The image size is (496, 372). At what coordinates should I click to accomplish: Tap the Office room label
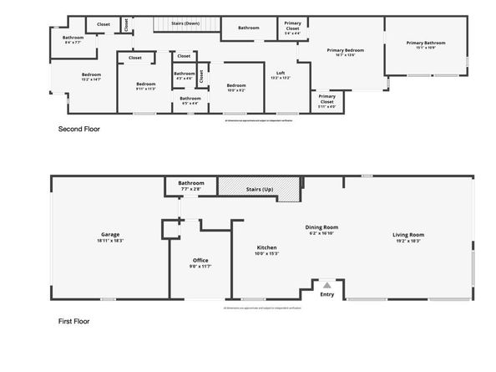[200, 260]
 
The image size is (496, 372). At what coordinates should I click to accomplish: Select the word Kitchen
[266, 247]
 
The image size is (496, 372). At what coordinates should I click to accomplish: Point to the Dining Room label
[321, 227]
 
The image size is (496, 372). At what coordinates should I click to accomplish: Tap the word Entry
[326, 293]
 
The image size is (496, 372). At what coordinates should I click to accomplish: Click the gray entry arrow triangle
[326, 285]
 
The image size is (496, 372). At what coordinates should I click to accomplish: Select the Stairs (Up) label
[257, 190]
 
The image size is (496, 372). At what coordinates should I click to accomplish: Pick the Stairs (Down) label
[185, 23]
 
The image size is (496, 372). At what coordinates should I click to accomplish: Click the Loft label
[281, 74]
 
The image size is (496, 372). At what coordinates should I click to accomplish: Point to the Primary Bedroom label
[346, 50]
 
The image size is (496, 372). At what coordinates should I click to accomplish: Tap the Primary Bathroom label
[425, 43]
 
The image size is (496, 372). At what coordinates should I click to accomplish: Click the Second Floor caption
[79, 130]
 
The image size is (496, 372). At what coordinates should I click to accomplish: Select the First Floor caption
[73, 321]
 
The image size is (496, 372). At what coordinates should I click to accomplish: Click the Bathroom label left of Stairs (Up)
[190, 183]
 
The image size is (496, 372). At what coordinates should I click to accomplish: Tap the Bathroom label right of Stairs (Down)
[248, 28]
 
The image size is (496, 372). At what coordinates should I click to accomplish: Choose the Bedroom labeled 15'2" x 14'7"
[91, 75]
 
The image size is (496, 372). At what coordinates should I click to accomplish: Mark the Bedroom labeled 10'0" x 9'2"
[236, 84]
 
